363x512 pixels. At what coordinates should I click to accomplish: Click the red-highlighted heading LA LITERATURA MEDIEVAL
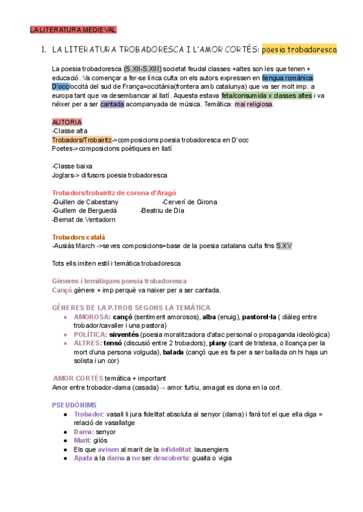(x=73, y=29)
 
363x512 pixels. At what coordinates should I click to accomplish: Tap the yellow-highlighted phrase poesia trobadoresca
(x=299, y=49)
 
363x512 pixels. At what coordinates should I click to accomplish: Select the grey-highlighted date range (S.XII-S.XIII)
(x=142, y=69)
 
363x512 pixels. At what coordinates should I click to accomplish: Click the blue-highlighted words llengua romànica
(x=287, y=78)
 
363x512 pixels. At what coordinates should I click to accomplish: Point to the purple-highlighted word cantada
(x=113, y=104)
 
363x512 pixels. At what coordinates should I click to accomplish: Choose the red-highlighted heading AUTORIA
(x=67, y=122)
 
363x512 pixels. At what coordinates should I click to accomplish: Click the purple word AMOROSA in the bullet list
(x=91, y=316)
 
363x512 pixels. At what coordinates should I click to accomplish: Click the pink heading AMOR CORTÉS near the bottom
(x=78, y=378)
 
